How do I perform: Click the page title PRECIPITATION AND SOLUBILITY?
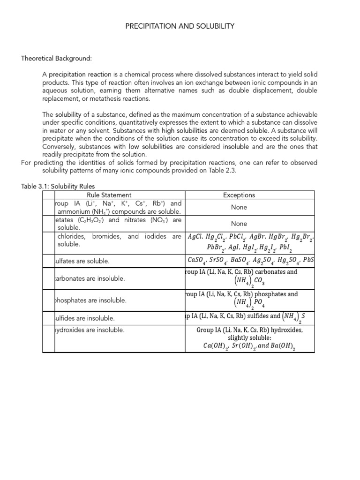click(x=180, y=26)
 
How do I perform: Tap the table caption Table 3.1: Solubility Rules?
click(x=58, y=186)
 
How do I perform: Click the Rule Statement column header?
click(x=109, y=195)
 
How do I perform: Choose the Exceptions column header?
click(x=239, y=195)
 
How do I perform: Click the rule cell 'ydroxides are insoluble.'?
click(x=90, y=330)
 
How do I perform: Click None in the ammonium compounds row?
click(x=239, y=207)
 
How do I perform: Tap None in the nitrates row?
click(x=239, y=224)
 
